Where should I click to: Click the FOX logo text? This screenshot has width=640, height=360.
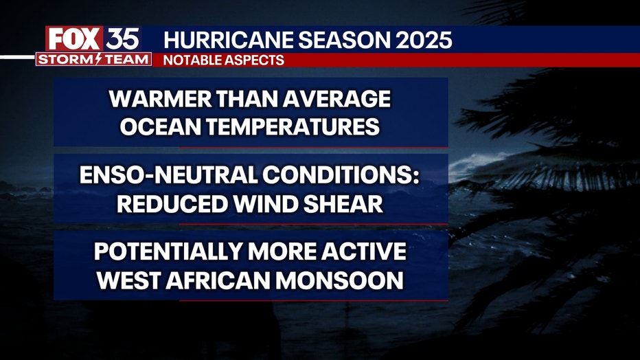[74, 39]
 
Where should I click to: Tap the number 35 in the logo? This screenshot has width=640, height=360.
[123, 39]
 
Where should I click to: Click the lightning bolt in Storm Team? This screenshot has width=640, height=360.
[98, 59]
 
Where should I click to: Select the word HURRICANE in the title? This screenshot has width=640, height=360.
[229, 40]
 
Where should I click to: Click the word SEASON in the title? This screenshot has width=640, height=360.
[345, 40]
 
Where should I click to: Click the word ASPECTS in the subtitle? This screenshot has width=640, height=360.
[254, 60]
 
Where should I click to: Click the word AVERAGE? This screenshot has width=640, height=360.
[336, 99]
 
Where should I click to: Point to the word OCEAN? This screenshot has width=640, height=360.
[161, 127]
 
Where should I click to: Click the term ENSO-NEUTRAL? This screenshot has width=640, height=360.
[168, 175]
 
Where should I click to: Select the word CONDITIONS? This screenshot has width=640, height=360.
[341, 175]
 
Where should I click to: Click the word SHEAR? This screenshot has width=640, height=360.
[343, 203]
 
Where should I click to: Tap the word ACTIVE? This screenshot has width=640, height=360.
[364, 251]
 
